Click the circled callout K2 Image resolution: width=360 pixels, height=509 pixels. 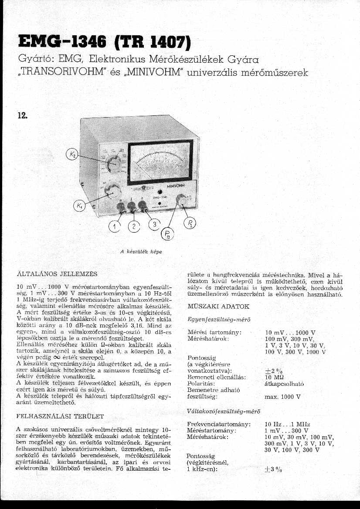point(71,154)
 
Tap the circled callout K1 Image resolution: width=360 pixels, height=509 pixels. point(79,206)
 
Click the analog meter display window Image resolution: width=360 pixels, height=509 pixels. point(161,160)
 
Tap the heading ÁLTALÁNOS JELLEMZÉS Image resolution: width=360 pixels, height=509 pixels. point(57,274)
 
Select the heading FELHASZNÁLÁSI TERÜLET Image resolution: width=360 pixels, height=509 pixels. point(60,416)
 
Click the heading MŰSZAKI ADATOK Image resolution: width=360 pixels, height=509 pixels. point(217,307)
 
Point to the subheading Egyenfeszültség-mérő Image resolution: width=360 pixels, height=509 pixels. point(218,320)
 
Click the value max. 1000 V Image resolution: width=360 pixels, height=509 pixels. point(282,397)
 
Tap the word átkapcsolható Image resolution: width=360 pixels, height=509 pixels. point(284,384)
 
